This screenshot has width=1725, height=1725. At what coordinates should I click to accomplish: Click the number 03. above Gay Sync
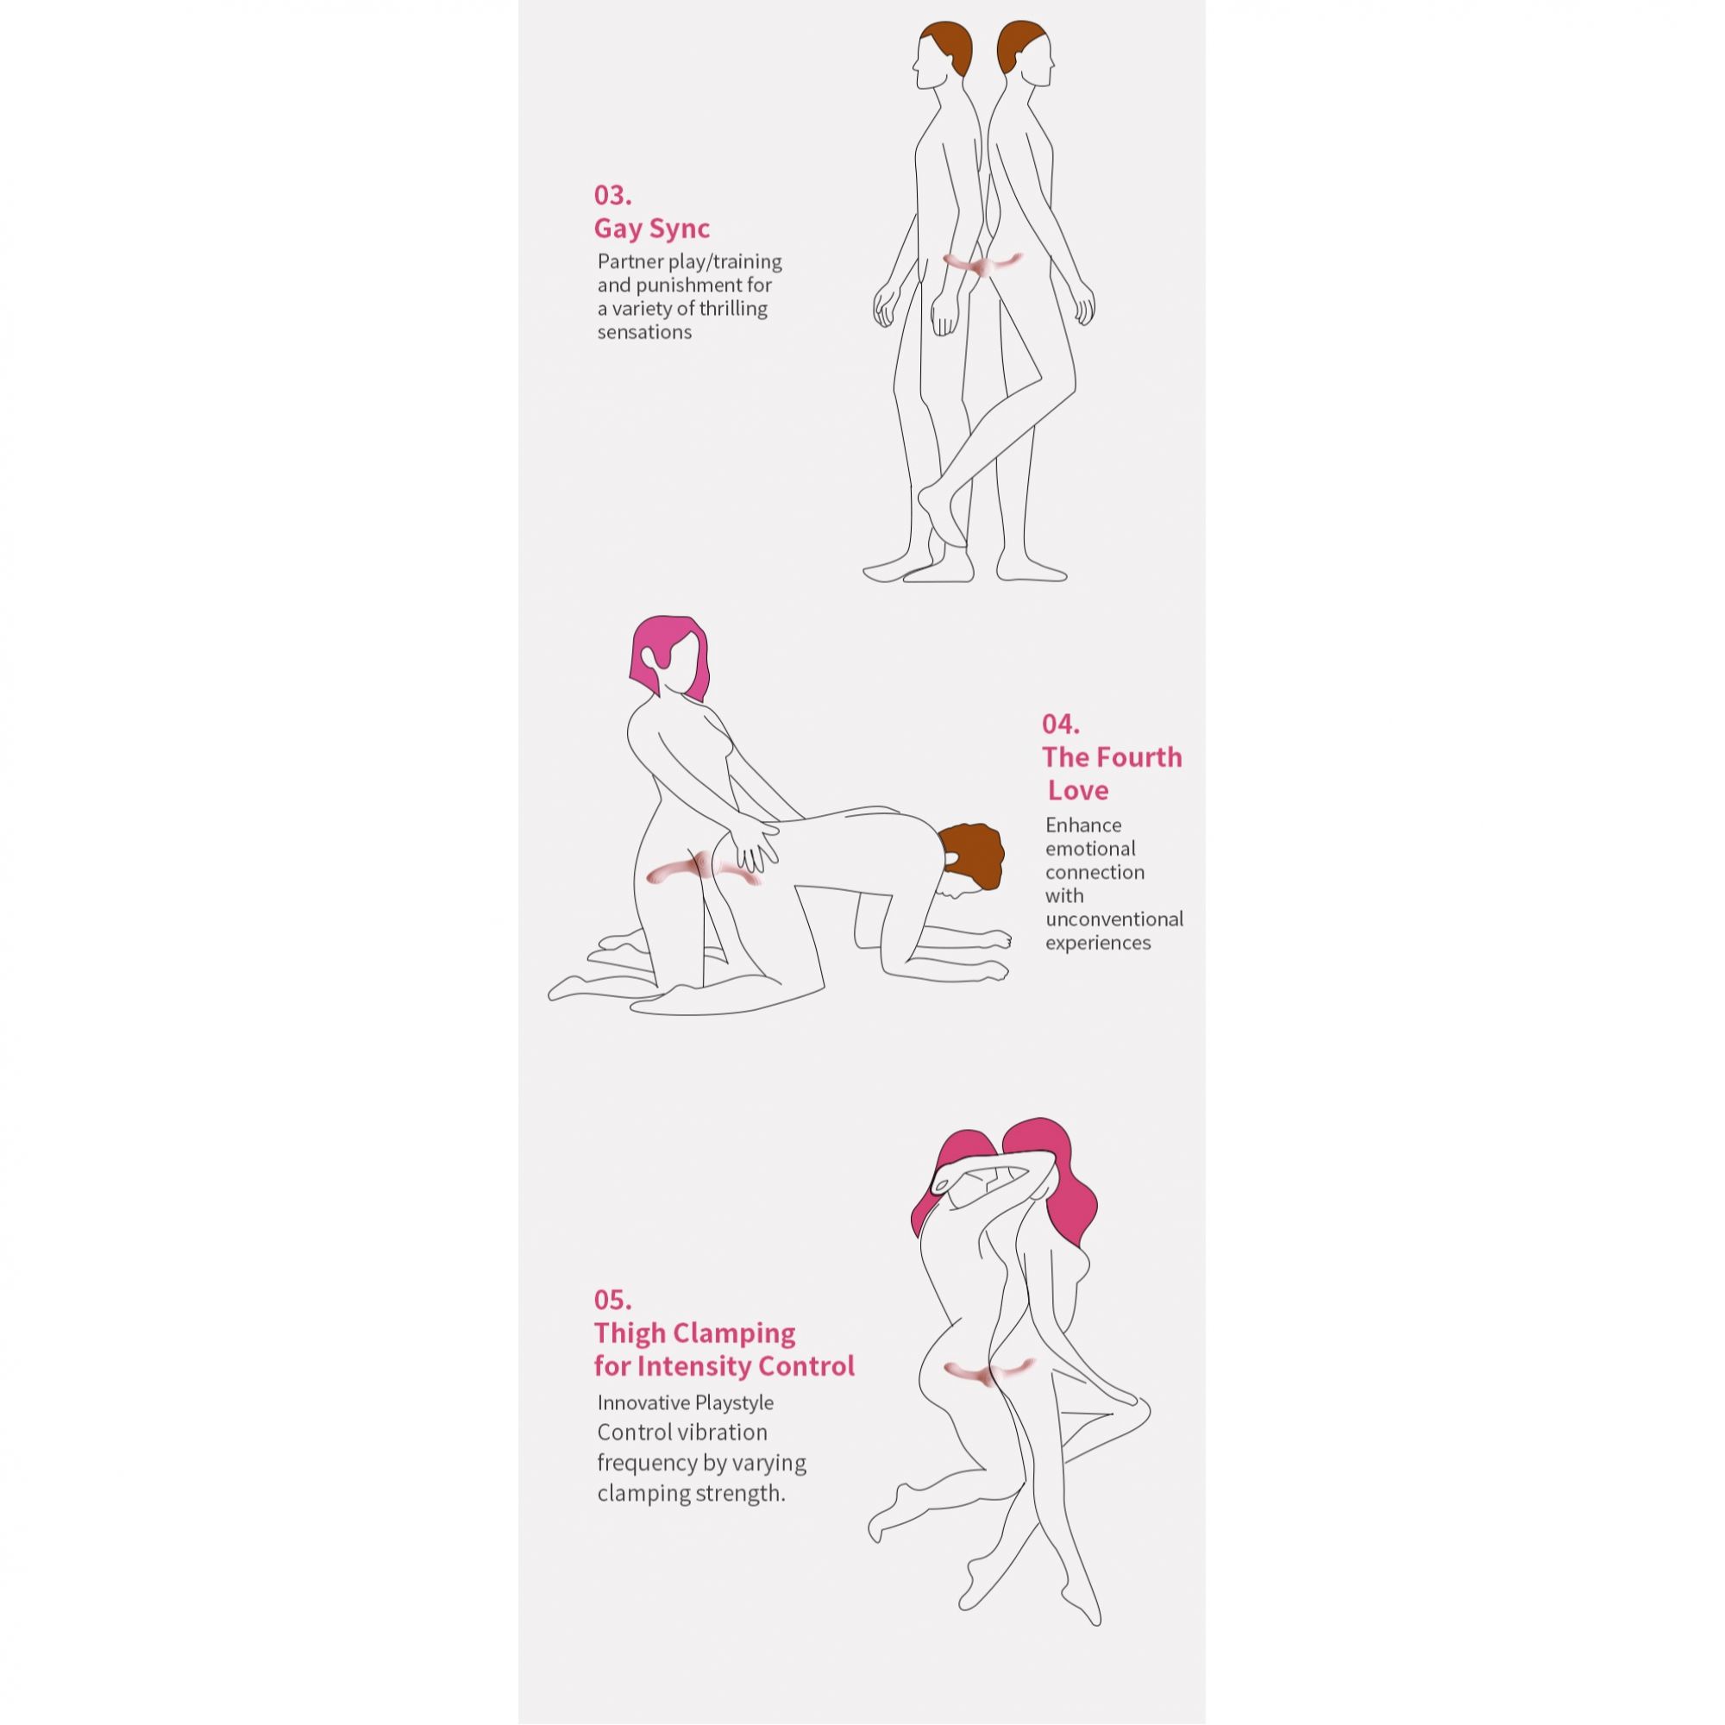612,195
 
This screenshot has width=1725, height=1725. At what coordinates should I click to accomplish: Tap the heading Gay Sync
652,229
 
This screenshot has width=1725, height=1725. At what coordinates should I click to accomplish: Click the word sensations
644,332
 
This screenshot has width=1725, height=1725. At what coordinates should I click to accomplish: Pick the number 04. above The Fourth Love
1061,724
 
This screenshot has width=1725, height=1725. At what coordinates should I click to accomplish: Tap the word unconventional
1114,919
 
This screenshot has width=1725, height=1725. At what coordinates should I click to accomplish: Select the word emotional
1091,848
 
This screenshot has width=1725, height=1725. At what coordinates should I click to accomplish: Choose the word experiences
1098,943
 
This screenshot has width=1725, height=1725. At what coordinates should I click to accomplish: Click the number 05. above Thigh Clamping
612,1299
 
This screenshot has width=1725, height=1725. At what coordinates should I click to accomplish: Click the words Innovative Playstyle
686,1402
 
